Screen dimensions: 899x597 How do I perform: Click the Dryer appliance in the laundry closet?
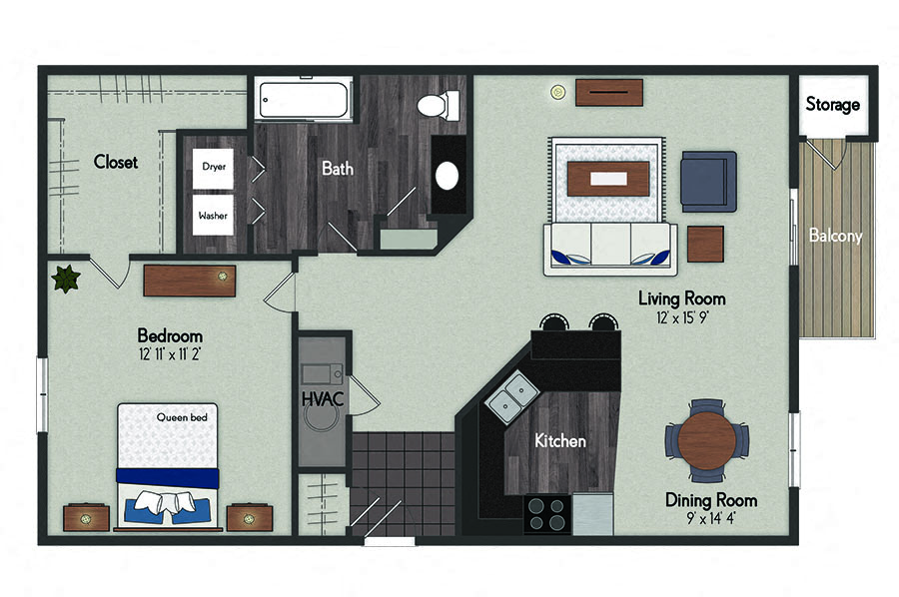[x=213, y=169]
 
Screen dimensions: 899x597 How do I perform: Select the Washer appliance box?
[x=213, y=215]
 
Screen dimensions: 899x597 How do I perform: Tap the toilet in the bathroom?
[x=439, y=106]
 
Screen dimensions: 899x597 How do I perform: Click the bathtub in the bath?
[x=303, y=100]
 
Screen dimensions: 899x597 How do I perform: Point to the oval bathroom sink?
[x=447, y=176]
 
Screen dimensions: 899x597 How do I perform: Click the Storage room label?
[x=832, y=104]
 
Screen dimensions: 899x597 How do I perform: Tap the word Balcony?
[x=835, y=236]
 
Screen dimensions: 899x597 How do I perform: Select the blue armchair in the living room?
[x=708, y=182]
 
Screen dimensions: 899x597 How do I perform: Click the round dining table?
[x=707, y=440]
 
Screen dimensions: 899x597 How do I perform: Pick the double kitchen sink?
[x=512, y=396]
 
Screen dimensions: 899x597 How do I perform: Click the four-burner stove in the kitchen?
[x=547, y=514]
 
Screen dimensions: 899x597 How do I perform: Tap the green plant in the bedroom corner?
[x=66, y=279]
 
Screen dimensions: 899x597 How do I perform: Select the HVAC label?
[x=323, y=398]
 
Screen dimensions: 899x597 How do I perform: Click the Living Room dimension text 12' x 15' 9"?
[x=682, y=317]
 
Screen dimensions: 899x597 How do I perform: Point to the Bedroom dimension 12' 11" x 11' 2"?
[x=170, y=354]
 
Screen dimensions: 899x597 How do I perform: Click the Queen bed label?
[x=182, y=417]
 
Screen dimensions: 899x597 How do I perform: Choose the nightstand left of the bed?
[x=86, y=518]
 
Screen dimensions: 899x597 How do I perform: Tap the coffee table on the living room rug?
[x=608, y=179]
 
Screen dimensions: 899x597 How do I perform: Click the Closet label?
[x=116, y=162]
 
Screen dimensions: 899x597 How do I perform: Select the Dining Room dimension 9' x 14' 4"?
[x=711, y=518]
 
